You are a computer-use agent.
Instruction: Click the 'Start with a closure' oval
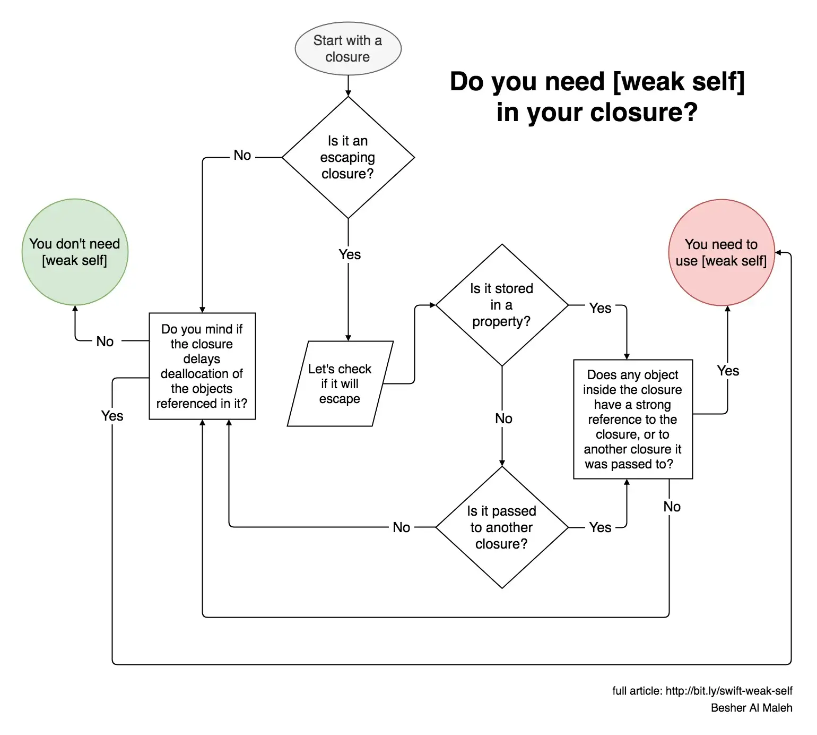(347, 49)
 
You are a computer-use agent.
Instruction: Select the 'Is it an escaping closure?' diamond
(347, 157)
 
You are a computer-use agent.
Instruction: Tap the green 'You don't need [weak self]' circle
(75, 252)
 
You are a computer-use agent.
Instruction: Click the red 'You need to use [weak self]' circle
(721, 252)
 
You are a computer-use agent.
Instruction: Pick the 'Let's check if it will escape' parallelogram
(340, 383)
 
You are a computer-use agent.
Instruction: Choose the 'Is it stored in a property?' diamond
(501, 305)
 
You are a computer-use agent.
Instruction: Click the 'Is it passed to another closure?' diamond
(501, 527)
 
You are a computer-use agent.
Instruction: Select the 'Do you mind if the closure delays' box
(202, 366)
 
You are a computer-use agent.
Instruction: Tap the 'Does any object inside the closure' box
(632, 419)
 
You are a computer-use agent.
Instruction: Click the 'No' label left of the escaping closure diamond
(242, 156)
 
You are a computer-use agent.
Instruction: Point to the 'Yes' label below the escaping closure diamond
(350, 254)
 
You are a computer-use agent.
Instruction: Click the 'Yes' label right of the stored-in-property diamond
(600, 308)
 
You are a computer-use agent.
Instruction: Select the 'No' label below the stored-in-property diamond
(503, 418)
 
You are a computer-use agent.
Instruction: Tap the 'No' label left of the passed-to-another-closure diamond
(401, 527)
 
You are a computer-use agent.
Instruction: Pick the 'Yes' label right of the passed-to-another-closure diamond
(600, 527)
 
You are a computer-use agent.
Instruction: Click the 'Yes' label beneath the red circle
(728, 371)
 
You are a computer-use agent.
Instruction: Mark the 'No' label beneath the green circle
(105, 341)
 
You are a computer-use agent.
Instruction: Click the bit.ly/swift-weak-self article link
(728, 691)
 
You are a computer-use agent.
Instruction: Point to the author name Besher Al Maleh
(751, 708)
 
